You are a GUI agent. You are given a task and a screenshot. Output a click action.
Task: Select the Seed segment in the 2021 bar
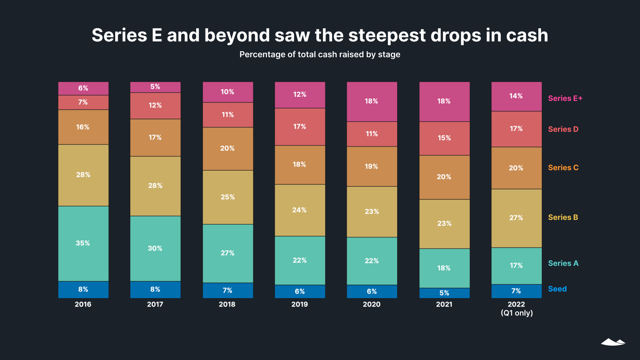point(444,293)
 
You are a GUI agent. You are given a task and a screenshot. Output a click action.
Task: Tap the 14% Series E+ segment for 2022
point(516,96)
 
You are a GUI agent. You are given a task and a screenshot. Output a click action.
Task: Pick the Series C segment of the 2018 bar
point(227,149)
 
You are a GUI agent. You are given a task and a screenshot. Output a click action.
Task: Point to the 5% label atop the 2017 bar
point(155,87)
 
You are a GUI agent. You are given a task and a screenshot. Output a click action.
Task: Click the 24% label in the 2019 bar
point(299,210)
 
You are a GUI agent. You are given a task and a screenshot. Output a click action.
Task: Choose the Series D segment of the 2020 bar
point(372,134)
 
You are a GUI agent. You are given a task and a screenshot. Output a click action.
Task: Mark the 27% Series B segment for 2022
point(516,218)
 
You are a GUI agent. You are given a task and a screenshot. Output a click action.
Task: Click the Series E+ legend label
point(565,98)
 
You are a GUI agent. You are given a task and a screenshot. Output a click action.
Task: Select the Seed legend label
point(557,289)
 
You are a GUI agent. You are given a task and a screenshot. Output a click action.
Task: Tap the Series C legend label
point(563,168)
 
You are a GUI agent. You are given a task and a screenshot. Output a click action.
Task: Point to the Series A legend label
point(563,263)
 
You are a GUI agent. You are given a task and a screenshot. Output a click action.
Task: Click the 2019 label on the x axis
point(299,304)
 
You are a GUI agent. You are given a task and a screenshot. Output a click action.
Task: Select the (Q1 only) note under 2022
point(517,313)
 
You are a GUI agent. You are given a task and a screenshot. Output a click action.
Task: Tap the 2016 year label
point(83,304)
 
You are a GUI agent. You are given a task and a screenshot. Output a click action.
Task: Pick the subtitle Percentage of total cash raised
point(320,55)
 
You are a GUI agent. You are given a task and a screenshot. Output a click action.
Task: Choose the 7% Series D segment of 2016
point(83,102)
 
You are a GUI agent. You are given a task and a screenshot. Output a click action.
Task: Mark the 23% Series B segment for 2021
point(444,224)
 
